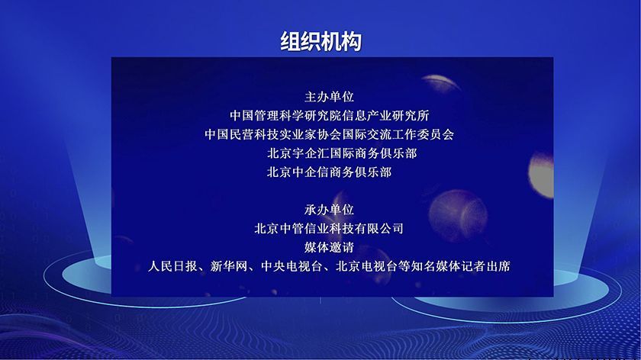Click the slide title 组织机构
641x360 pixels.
click(320, 42)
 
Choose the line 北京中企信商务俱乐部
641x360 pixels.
click(329, 172)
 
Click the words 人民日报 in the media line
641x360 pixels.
click(173, 267)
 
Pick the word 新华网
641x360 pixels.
click(229, 267)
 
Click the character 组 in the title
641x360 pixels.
click(290, 42)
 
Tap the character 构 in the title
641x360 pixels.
click(351, 42)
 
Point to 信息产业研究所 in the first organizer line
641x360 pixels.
click(386, 116)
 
